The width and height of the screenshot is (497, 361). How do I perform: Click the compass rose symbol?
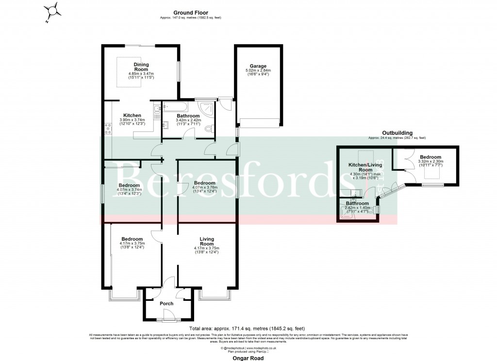pos(53,11)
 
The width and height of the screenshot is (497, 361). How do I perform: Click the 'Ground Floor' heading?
pos(187,13)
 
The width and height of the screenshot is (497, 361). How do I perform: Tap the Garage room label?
pos(258,66)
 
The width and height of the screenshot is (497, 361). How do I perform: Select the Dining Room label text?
pos(141,67)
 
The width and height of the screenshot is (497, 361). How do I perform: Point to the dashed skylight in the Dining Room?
pos(129,72)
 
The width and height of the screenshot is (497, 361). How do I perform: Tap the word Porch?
pos(166,304)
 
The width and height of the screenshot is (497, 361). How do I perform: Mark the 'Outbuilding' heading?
pos(397,132)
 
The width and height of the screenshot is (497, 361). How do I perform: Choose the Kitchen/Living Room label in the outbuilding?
pos(365,167)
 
